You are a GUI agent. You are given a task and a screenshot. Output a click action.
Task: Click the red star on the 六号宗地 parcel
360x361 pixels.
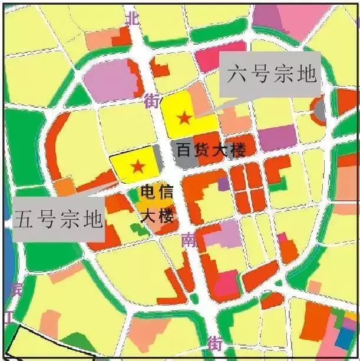click(x=184, y=118)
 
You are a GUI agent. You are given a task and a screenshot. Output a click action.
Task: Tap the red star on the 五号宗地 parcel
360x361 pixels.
click(x=138, y=166)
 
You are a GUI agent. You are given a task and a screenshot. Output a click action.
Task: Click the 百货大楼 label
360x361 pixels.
click(x=210, y=150)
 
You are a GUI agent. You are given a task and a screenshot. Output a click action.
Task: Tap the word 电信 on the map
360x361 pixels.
click(x=157, y=193)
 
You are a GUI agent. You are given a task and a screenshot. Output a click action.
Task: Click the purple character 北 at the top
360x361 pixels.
click(x=133, y=18)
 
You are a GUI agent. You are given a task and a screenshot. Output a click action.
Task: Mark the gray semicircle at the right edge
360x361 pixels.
click(x=320, y=110)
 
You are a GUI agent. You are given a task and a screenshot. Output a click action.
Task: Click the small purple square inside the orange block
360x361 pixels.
click(x=223, y=184)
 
